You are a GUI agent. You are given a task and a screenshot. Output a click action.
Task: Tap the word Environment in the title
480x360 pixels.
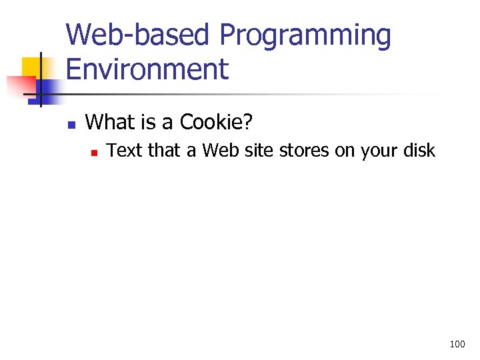click(147, 69)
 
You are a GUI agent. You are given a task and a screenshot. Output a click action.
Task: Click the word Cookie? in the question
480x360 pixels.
click(217, 122)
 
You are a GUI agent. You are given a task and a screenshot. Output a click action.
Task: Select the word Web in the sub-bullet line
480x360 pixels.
click(219, 151)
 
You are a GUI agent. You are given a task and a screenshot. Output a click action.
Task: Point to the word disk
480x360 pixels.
click(418, 151)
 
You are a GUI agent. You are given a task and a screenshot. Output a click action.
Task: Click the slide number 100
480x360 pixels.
click(457, 345)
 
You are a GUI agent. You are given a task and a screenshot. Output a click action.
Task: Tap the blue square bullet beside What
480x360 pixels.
click(73, 124)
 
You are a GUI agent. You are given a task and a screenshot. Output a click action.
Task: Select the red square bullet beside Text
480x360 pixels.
click(95, 153)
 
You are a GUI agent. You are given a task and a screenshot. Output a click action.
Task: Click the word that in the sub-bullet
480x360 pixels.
click(164, 151)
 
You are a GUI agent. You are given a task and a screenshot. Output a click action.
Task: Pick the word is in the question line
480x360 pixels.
click(148, 122)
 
